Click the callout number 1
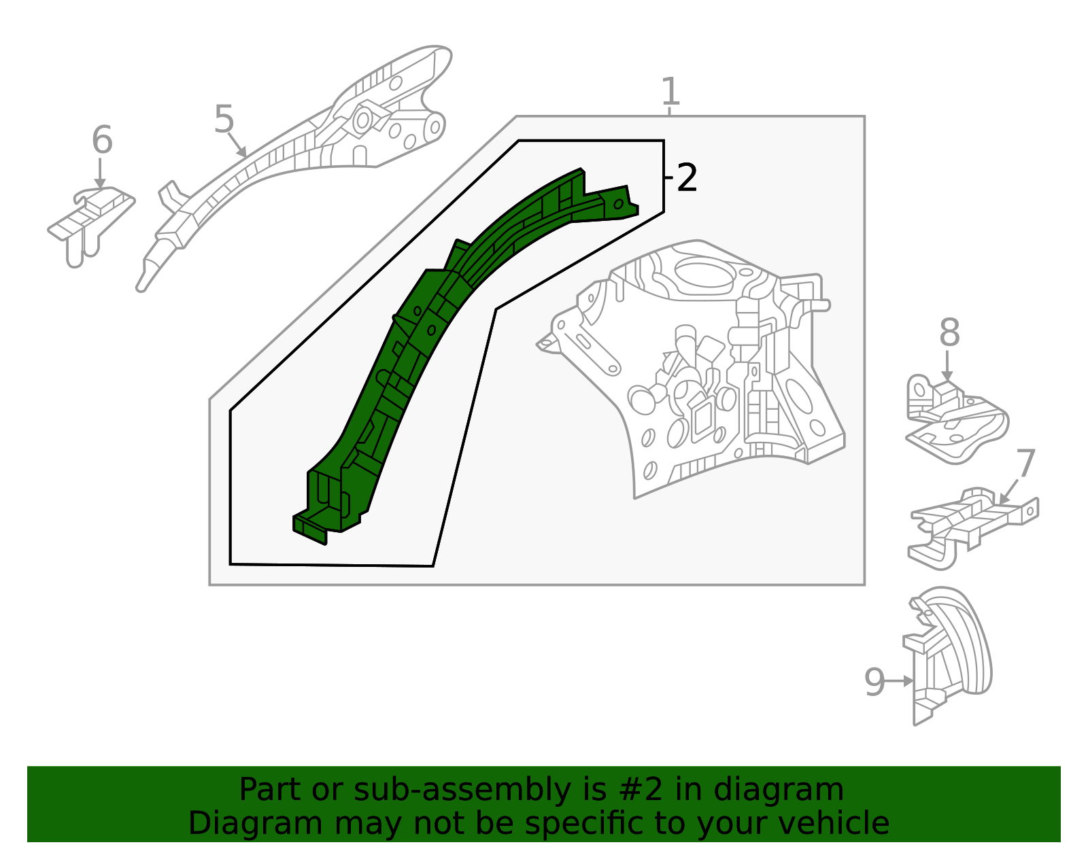(670, 92)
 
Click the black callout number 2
(687, 178)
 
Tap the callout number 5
(224, 120)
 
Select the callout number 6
(102, 140)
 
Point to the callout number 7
(1025, 464)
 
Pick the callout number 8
(949, 333)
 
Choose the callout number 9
(874, 682)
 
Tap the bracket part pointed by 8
(955, 421)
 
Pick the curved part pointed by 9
(952, 653)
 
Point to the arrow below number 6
(101, 173)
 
